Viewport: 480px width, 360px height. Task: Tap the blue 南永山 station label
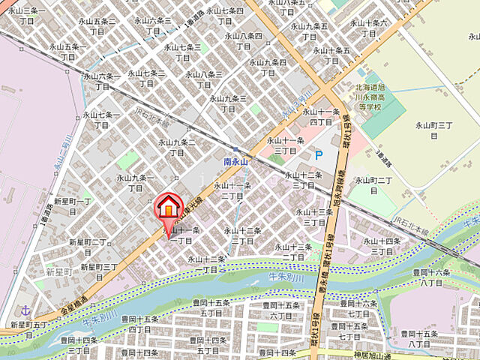pyautogui.click(x=236, y=161)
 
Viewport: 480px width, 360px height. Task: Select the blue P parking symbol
pyautogui.click(x=318, y=155)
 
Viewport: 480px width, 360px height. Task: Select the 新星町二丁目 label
pyautogui.click(x=88, y=247)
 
